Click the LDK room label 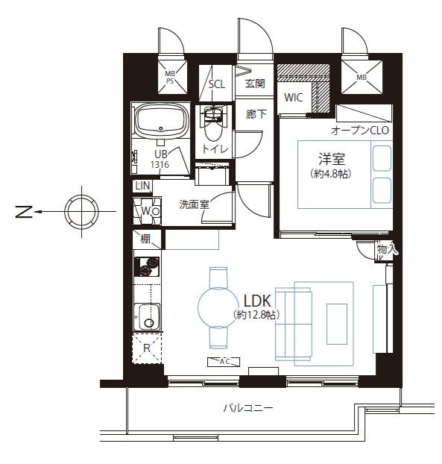(x=257, y=301)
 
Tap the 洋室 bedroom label (x=332, y=159)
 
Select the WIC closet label (x=293, y=98)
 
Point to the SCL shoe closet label (x=217, y=84)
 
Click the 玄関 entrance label (x=255, y=84)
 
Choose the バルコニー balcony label (x=248, y=408)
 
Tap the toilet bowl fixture (x=213, y=125)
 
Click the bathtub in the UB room (x=162, y=120)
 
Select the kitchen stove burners (x=147, y=266)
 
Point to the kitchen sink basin (x=147, y=316)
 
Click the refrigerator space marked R (x=147, y=348)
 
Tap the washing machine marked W (x=147, y=211)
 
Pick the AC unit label (x=224, y=362)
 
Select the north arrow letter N (x=24, y=211)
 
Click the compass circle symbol (x=81, y=211)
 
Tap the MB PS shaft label (x=170, y=77)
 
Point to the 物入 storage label (x=386, y=249)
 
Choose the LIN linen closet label (x=143, y=186)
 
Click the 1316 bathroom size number (x=160, y=165)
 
